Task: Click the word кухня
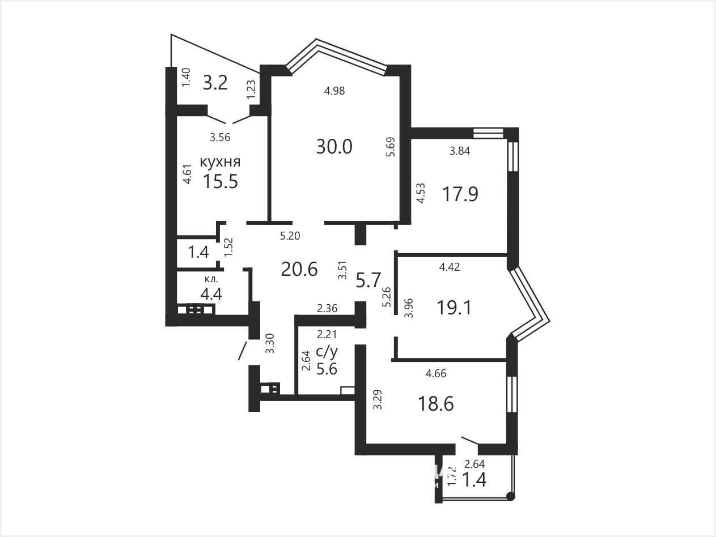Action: [220, 162]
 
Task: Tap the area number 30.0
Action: [334, 147]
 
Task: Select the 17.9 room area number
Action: [460, 194]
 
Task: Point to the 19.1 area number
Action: [454, 308]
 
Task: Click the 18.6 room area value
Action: [436, 403]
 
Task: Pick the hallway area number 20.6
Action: [299, 270]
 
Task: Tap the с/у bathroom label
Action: [327, 352]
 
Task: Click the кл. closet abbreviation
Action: [211, 279]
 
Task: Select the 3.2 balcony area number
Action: [215, 83]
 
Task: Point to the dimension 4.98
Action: [334, 91]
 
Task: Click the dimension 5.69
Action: [391, 147]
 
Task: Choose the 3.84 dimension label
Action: [460, 151]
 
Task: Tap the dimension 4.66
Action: [436, 373]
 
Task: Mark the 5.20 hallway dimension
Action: [290, 236]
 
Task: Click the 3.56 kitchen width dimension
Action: [220, 138]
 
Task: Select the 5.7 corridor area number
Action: [368, 280]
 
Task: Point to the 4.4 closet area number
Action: [211, 294]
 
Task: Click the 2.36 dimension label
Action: [327, 308]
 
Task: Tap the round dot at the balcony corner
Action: [511, 496]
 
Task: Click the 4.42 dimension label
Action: [450, 267]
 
